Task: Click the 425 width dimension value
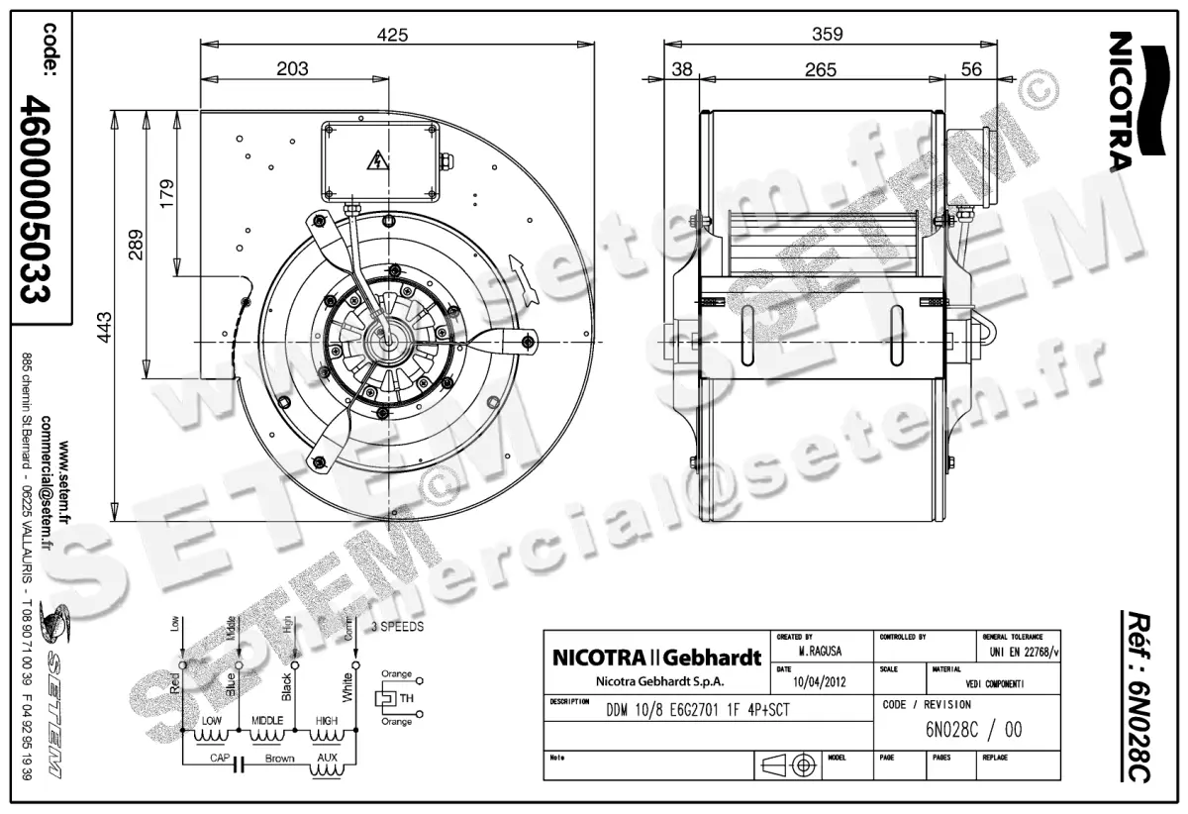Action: (x=393, y=35)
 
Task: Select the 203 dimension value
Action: (x=292, y=68)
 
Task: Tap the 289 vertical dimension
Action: (x=136, y=242)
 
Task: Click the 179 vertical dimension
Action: (x=166, y=190)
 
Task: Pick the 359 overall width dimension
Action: (x=827, y=35)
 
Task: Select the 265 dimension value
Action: (x=820, y=69)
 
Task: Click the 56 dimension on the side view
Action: (x=971, y=69)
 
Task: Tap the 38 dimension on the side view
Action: (x=682, y=69)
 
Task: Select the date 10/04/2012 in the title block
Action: (x=821, y=681)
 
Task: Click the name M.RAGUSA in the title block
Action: (x=821, y=654)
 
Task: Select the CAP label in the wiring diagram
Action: (x=220, y=759)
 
